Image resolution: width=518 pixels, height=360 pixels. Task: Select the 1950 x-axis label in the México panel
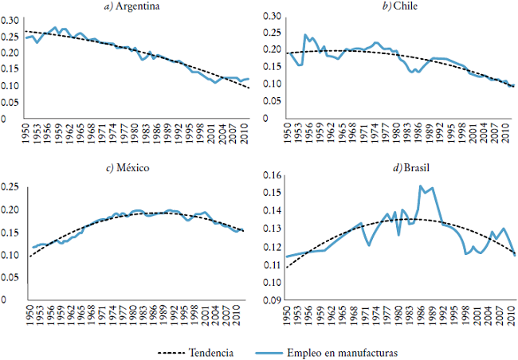click(x=29, y=314)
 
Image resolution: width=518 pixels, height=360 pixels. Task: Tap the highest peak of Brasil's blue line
click(x=420, y=186)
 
